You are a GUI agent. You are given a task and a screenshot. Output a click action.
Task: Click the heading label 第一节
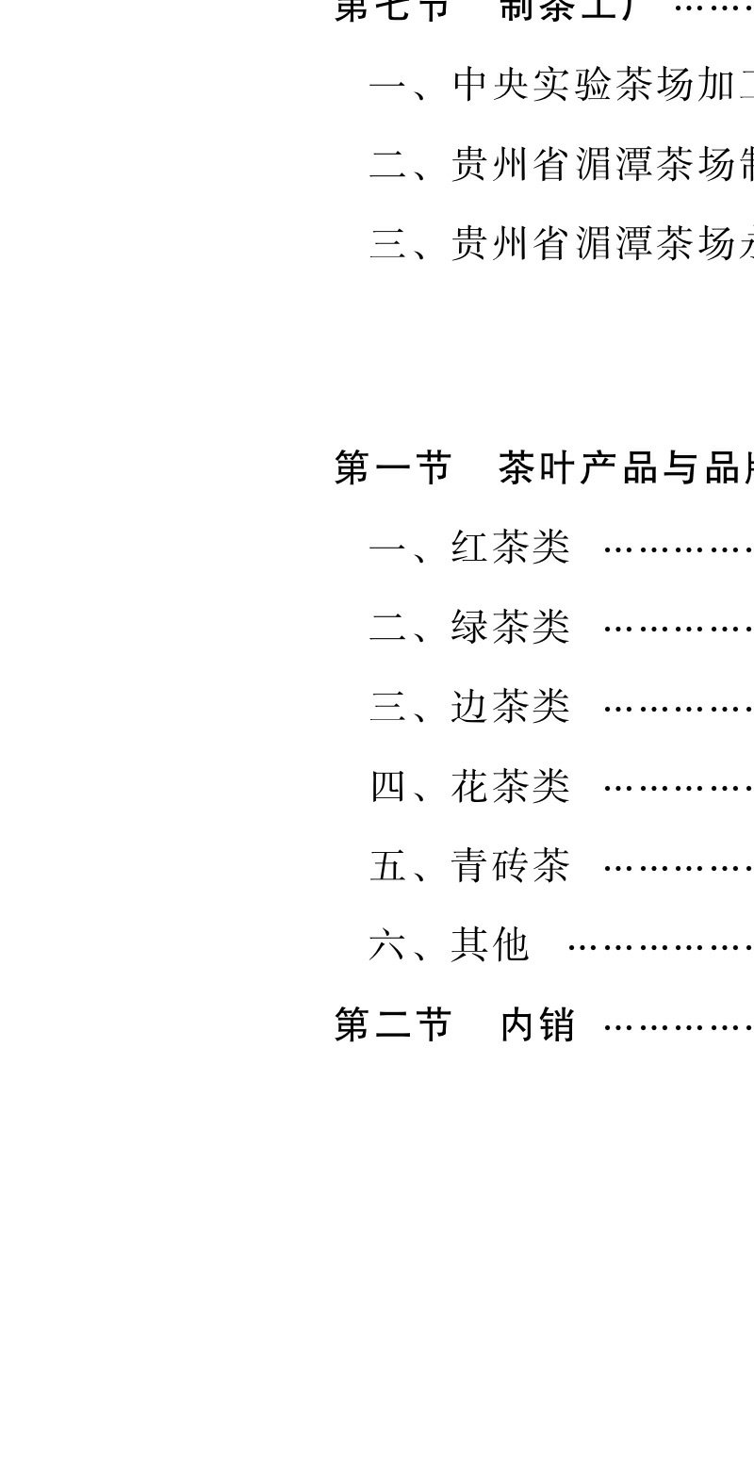pos(393,468)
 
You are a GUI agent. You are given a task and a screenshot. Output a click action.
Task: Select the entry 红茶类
pos(511,548)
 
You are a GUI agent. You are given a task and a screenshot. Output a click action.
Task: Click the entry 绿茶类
pos(511,628)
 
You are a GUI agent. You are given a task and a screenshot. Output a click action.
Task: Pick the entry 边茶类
pos(511,707)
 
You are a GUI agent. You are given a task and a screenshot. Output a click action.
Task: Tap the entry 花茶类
pos(511,787)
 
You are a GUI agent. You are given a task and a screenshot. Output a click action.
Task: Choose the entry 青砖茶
pos(511,866)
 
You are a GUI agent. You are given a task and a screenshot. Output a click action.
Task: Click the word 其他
pos(490,945)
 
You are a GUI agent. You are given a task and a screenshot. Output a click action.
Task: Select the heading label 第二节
pos(393,1025)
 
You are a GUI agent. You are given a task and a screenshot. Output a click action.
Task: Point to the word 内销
pos(537,1025)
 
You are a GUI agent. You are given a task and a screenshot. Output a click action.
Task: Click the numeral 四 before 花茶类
pos(387,787)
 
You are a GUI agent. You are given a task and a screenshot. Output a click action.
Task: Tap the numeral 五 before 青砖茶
pos(387,866)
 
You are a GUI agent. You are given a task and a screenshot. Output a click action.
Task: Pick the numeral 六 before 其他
pos(387,945)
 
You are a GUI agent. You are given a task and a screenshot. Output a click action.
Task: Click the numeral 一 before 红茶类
pos(387,548)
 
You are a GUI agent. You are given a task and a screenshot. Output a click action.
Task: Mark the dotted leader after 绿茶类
pos(679,628)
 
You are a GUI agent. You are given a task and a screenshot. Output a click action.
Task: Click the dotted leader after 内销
pos(679,1025)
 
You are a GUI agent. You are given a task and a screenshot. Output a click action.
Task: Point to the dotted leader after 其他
pos(660,945)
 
